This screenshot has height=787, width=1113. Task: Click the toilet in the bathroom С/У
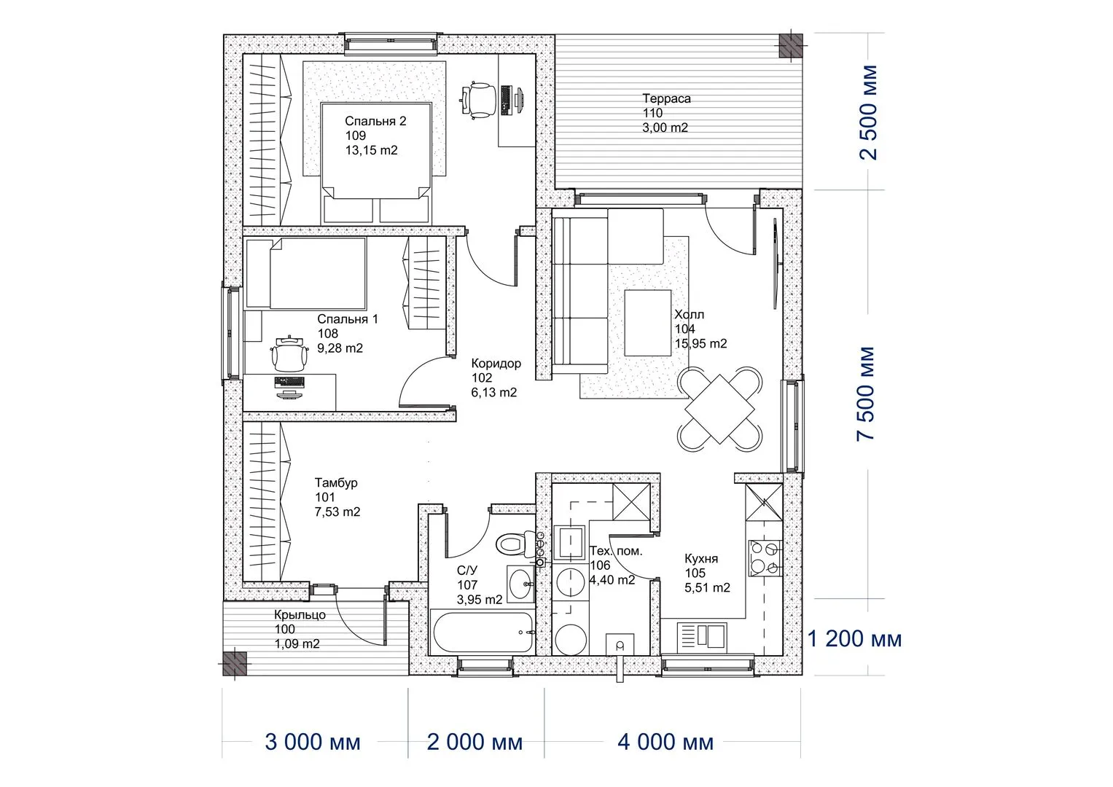tap(512, 544)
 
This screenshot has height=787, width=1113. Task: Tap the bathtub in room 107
tap(483, 632)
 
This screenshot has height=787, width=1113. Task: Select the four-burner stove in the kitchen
tap(765, 557)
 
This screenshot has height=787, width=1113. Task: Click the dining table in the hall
tap(719, 409)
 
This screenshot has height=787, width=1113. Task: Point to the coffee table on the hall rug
tap(647, 323)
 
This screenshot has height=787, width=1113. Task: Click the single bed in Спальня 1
tap(305, 273)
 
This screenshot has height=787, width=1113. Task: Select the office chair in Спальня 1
tap(288, 353)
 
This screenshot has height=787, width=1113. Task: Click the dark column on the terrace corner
tap(790, 45)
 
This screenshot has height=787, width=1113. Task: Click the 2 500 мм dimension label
tap(869, 112)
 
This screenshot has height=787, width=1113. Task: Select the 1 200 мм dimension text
tap(855, 639)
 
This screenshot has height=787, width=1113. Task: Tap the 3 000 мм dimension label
tap(313, 743)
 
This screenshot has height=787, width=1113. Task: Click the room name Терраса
tap(666, 98)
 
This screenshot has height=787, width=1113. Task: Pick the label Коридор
tap(496, 363)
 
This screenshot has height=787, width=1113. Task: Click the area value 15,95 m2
tap(700, 343)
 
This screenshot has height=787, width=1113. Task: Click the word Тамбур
tap(336, 482)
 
